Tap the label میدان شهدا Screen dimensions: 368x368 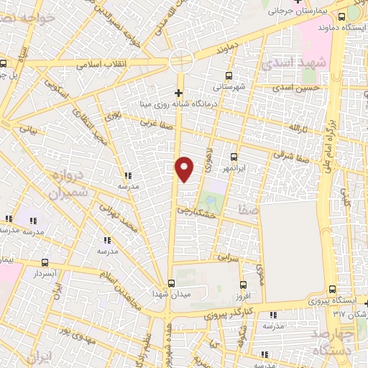click(x=170, y=295)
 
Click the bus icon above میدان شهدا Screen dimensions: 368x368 click(x=170, y=283)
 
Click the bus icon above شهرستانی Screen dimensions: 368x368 click(x=229, y=75)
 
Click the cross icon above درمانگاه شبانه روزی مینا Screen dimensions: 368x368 click(x=178, y=93)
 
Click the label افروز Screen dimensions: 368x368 click(x=241, y=295)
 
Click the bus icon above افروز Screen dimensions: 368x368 click(x=242, y=284)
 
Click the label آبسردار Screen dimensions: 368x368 click(x=45, y=274)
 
